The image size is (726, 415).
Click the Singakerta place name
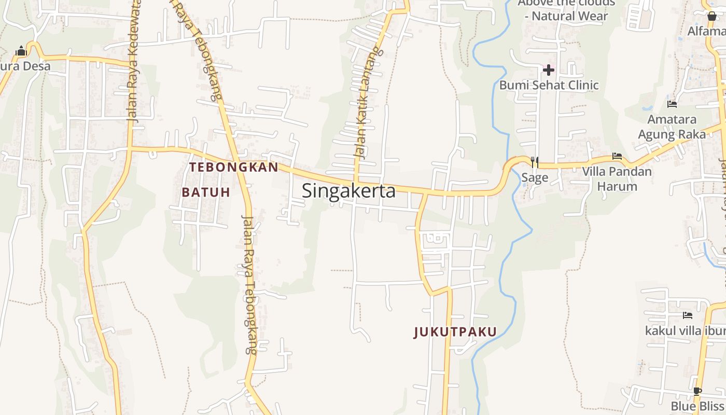pos(348,191)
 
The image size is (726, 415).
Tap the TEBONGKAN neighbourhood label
pos(233,167)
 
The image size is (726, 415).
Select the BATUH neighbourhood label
pos(206,192)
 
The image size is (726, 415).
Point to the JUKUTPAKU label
pos(455,332)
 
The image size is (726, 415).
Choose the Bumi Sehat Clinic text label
pos(549,85)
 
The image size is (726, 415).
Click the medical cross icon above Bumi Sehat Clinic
pos(548,70)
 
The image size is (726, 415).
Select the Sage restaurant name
pos(535,178)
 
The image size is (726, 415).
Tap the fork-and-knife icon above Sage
pos(535,162)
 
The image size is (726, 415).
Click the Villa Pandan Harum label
pos(617,178)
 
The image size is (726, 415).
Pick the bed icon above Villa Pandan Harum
pos(617,156)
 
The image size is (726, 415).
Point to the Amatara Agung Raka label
pos(672,127)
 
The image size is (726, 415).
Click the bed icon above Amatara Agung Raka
pos(672,104)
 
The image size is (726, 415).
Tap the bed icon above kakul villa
pos(688,315)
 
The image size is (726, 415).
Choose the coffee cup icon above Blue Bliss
pos(697,391)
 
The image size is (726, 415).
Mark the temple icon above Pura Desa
pos(21,51)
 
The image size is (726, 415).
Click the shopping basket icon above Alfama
pos(712,16)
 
